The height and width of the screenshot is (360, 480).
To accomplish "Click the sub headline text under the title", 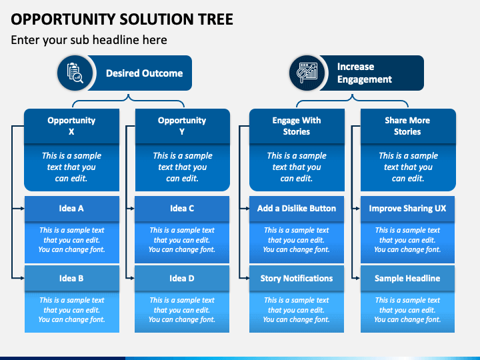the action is [x=89, y=40].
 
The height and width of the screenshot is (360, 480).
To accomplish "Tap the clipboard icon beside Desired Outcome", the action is [x=75, y=73].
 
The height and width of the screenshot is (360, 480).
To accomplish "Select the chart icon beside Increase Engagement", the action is [x=307, y=73].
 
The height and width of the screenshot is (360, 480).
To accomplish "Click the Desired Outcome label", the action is [x=144, y=73].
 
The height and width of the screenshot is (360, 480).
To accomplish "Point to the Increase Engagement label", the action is [x=364, y=73].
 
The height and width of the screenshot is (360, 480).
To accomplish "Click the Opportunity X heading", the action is [x=71, y=126].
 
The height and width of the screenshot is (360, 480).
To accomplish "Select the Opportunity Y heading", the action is [x=182, y=126].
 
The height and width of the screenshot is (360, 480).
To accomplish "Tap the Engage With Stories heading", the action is [x=296, y=126].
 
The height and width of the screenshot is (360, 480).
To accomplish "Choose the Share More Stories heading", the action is [x=407, y=126].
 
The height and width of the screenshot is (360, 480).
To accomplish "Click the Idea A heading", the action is [x=71, y=209].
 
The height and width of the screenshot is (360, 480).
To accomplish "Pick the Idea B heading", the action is [x=71, y=278].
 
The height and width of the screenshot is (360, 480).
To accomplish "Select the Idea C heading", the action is [x=182, y=209].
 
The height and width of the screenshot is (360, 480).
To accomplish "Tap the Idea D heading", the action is [x=182, y=278].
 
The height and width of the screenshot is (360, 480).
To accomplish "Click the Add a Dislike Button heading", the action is [x=296, y=209].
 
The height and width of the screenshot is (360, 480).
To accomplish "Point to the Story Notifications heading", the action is [x=296, y=278].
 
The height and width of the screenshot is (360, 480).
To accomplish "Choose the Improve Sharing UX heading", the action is [x=407, y=209].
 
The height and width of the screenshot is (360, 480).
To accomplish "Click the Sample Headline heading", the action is [x=407, y=278].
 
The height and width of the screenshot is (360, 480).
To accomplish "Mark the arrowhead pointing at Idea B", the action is [x=23, y=278].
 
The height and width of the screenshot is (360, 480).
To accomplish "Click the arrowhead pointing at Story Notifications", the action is [x=247, y=278].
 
